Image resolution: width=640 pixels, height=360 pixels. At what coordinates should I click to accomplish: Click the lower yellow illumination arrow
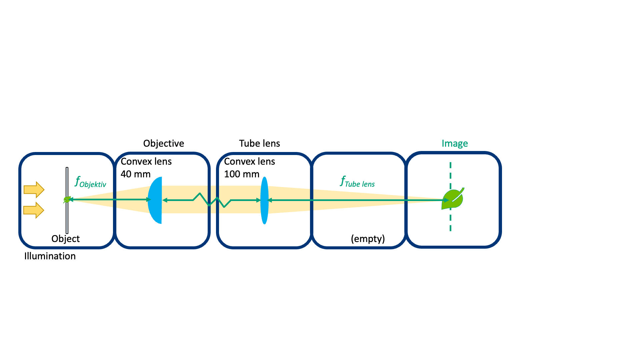click(34, 210)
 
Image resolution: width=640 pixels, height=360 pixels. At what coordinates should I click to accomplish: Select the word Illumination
click(50, 256)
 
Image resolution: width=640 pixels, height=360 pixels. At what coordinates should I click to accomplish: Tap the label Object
click(65, 239)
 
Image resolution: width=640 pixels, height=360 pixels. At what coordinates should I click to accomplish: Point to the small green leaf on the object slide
click(67, 200)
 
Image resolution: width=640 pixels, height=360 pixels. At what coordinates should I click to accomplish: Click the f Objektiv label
click(90, 182)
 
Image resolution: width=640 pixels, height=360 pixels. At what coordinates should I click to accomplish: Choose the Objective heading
click(163, 143)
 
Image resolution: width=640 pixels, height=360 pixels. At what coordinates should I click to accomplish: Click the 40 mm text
click(135, 174)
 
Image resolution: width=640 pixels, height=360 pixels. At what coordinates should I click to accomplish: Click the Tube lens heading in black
click(259, 143)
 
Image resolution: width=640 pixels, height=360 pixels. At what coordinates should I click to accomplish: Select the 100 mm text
click(241, 174)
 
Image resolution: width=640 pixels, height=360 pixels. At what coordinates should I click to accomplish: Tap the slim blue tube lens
click(264, 200)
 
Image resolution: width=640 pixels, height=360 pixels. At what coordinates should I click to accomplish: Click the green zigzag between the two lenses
click(212, 200)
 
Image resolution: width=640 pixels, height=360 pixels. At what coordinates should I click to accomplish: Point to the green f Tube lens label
click(357, 182)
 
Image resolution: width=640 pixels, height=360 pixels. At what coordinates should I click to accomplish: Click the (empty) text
click(368, 239)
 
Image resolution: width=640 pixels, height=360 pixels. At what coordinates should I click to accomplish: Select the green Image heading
click(455, 143)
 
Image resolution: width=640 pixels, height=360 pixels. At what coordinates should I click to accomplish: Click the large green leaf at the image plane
click(453, 199)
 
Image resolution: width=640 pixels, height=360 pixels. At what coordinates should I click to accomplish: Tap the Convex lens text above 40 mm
click(146, 161)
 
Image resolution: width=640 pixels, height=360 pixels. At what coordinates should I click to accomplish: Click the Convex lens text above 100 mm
click(249, 161)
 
